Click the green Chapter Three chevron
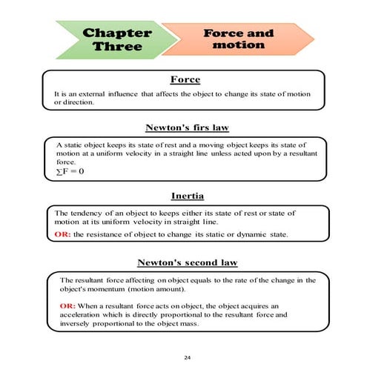pos(111,39)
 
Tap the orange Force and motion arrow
pos(237,39)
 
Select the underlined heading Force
pos(185,79)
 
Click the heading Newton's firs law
pos(185,127)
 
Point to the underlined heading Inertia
pos(185,196)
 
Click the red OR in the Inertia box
pos(62,234)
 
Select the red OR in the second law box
pos(67,305)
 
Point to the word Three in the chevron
pos(116,47)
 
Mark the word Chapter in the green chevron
pos(118,33)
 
